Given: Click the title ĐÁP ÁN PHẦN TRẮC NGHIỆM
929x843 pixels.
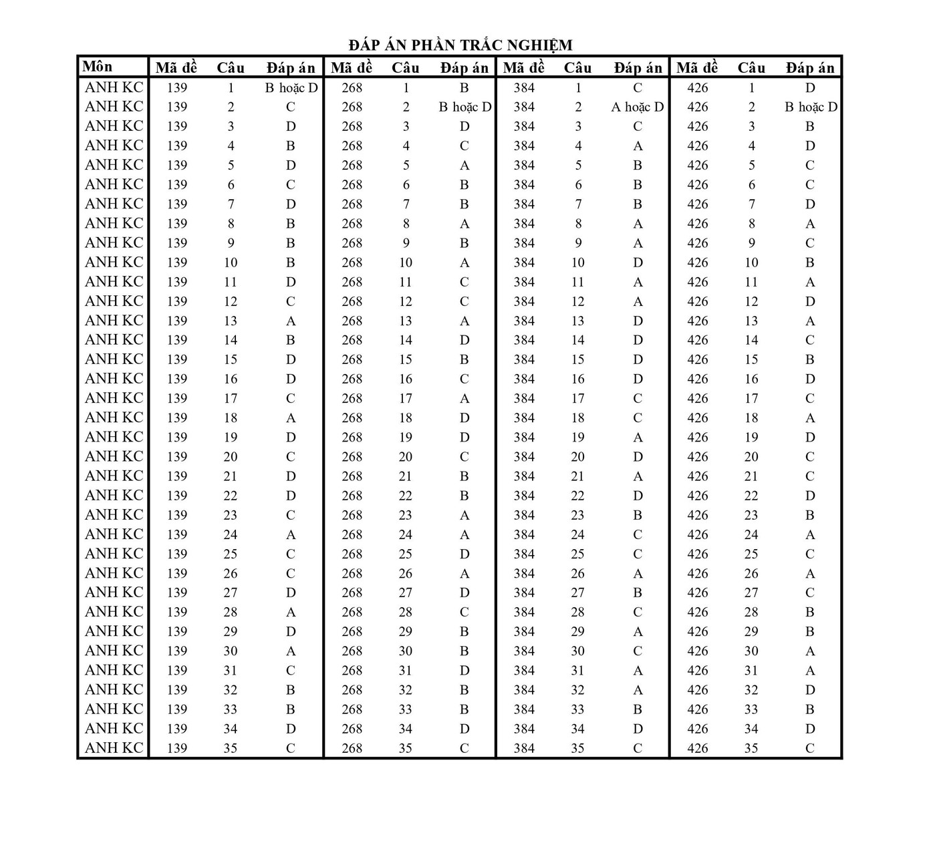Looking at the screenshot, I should point(460,45).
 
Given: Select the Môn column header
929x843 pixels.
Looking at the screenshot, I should point(98,67).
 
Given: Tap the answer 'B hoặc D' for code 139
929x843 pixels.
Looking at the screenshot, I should point(291,88).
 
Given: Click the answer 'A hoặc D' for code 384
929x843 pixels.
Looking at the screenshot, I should point(638,107).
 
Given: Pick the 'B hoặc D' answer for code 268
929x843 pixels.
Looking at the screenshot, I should point(464,107).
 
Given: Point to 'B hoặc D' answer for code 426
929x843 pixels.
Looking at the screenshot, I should point(810,107).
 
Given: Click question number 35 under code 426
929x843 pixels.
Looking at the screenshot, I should point(751,748).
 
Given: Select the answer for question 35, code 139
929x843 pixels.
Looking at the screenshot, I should point(291,748).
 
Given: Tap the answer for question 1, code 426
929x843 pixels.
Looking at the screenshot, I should point(810,88).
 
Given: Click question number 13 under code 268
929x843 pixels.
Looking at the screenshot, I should point(406,321).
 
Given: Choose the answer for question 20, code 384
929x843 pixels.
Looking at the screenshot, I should point(638,457).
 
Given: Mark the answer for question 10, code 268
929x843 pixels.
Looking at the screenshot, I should point(464,263).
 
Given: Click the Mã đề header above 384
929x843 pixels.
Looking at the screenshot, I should point(524,67).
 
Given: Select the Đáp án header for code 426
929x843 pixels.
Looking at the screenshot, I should point(810,67).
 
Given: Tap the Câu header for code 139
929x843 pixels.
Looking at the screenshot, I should point(231,67).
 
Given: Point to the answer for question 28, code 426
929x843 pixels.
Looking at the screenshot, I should point(810,612).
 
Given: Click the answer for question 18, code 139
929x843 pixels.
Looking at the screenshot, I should point(291,418).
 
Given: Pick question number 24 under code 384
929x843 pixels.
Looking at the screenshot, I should point(578,534).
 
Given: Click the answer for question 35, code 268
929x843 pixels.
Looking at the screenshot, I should point(464,748).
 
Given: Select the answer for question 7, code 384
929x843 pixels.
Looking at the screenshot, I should point(638,204).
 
